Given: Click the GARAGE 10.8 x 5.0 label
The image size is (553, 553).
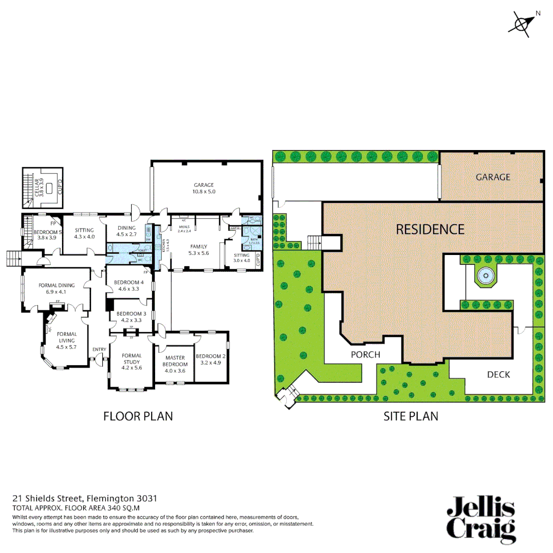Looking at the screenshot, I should pos(204,188).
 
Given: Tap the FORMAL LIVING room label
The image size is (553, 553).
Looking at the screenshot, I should pos(67,340).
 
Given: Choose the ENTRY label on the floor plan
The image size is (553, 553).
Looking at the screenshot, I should pos(99,350).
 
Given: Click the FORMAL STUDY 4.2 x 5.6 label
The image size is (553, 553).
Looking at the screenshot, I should pos(132,361).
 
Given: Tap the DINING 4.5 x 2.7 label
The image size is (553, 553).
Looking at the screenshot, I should pos(126,231).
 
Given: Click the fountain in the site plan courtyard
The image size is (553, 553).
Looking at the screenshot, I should pos(484,277).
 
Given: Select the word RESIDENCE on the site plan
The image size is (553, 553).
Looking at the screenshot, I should pos(430,229).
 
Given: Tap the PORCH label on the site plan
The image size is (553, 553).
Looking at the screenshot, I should pos(366,354).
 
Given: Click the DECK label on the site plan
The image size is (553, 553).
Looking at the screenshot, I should pos(498,374).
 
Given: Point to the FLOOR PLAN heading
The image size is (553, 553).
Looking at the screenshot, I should pos(138,416).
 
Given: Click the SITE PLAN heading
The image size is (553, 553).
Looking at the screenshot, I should pos(411,416).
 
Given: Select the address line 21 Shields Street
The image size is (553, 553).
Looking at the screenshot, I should pos(85,498).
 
